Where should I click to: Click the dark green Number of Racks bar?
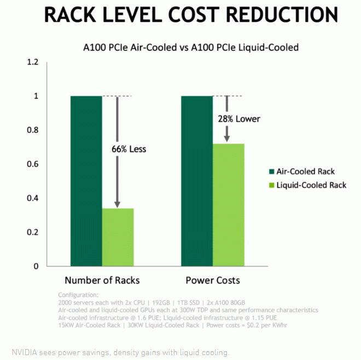[x=86, y=180]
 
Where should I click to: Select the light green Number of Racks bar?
[x=118, y=237]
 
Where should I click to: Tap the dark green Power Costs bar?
[x=197, y=180]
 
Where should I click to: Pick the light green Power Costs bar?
[x=228, y=205]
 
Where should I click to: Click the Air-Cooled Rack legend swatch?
[x=272, y=172]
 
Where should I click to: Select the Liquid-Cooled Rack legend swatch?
[x=272, y=185]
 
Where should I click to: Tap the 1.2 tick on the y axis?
[x=33, y=62]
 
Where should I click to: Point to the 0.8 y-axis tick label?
[x=33, y=130]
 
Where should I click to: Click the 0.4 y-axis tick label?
[x=33, y=198]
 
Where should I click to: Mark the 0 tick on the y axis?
[x=36, y=266]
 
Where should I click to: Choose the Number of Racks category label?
[x=102, y=280]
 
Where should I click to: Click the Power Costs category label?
[x=212, y=280]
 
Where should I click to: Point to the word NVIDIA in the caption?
[x=25, y=352]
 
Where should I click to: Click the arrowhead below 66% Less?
[x=117, y=204]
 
